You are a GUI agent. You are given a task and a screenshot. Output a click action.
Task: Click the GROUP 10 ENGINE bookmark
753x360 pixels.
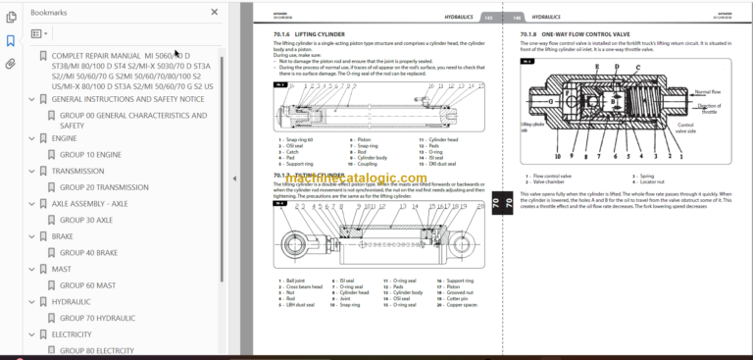[x=95, y=155]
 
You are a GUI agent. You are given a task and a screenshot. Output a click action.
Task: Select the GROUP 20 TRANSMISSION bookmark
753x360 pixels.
[x=110, y=187]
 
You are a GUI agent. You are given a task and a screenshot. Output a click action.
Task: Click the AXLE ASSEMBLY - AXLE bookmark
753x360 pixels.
[x=89, y=204]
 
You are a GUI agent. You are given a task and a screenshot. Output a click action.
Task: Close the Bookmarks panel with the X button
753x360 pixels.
[x=213, y=12]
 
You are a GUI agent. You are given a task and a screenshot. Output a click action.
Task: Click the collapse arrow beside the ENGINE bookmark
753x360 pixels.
[x=32, y=138]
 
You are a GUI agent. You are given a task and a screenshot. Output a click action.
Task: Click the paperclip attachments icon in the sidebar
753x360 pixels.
[x=10, y=64]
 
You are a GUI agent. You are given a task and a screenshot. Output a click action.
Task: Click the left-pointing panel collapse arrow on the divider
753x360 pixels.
[x=233, y=179]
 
